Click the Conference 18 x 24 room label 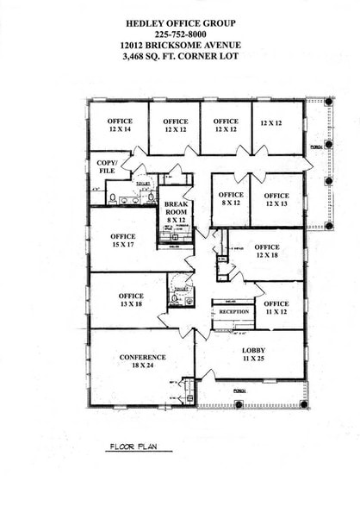click(x=141, y=362)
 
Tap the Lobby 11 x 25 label click(x=249, y=354)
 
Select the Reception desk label click(x=233, y=312)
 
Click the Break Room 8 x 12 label click(x=176, y=212)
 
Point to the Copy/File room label click(x=106, y=166)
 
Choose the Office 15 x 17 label click(x=122, y=241)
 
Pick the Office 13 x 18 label click(x=131, y=301)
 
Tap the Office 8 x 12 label click(x=231, y=198)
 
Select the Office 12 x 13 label click(x=276, y=199)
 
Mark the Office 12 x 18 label click(x=266, y=251)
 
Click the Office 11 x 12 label click(x=276, y=308)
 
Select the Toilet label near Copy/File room click(x=143, y=184)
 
